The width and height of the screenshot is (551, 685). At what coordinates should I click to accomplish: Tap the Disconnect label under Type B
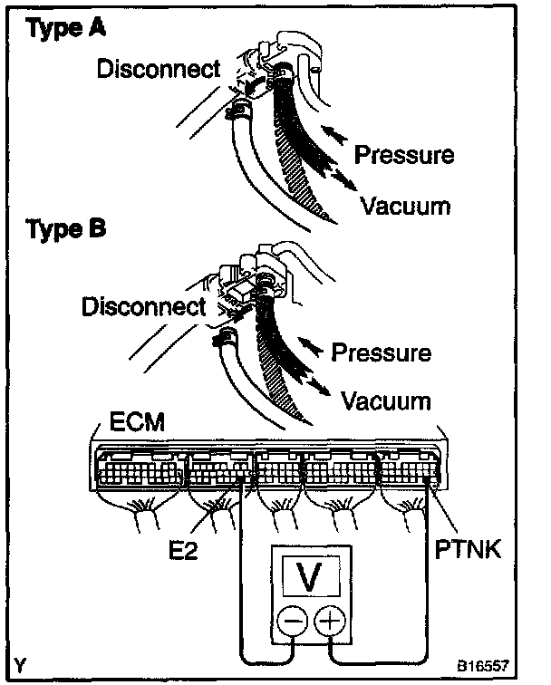click(142, 307)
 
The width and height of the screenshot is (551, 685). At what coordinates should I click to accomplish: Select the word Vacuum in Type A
click(405, 207)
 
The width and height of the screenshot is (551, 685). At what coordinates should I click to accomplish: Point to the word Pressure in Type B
click(381, 351)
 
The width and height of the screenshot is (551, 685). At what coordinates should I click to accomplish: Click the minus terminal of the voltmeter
click(291, 621)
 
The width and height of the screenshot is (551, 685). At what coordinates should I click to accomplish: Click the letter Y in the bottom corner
click(21, 663)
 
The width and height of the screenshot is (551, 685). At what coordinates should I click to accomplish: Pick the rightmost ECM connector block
click(409, 469)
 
